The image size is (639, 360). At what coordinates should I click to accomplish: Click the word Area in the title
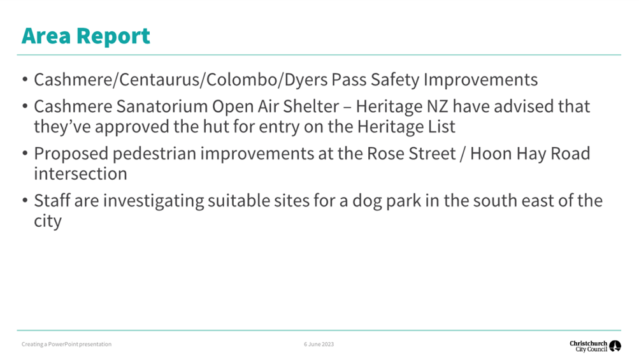46,36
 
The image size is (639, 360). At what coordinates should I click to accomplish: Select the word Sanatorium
162,106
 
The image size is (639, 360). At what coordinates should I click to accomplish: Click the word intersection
80,174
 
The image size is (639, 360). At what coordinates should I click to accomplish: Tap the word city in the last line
48,221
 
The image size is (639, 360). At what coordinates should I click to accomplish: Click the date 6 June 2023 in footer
319,345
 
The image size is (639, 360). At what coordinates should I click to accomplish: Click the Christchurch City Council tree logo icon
615,346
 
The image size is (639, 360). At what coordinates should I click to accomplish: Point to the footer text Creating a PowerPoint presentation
66,345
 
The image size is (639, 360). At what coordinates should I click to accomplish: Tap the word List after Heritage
442,127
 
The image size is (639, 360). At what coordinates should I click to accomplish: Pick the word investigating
154,201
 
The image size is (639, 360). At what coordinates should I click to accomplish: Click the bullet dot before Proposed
25,154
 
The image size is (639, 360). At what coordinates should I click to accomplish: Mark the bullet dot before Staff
25,201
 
